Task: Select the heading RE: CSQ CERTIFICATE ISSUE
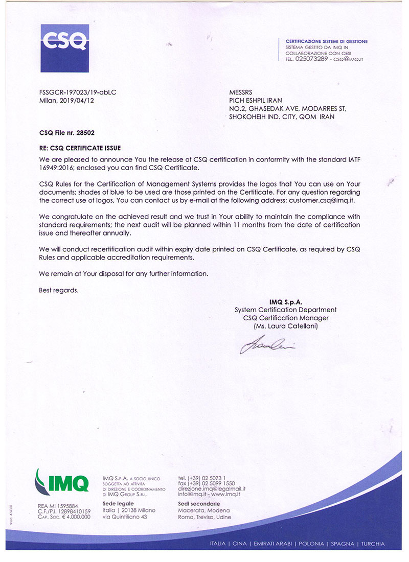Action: [80, 148]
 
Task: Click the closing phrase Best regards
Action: [59, 290]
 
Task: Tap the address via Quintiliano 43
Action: [125, 517]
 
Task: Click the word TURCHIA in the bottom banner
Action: [373, 544]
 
